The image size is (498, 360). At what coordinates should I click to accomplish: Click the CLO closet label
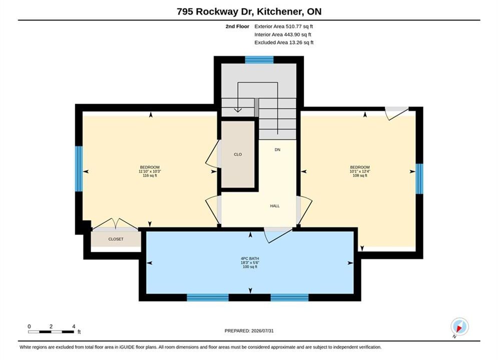(x=238, y=154)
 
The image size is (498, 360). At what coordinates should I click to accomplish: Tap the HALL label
(x=275, y=206)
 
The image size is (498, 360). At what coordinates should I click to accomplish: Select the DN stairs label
(x=278, y=149)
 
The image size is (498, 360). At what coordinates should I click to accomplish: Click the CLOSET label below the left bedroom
(x=116, y=239)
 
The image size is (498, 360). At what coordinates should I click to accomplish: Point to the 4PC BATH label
(x=250, y=258)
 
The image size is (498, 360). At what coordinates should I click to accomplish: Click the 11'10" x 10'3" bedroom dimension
(x=150, y=171)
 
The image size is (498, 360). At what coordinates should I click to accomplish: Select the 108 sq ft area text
(x=360, y=175)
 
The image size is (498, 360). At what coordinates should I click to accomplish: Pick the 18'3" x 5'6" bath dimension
(x=250, y=262)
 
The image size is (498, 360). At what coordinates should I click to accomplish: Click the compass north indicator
(x=459, y=326)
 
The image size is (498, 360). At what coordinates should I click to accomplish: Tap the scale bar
(x=51, y=332)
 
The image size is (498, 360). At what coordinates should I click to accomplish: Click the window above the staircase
(x=259, y=59)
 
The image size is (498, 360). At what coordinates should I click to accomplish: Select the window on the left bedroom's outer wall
(x=79, y=168)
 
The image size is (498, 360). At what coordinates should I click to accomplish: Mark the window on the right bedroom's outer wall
(x=419, y=178)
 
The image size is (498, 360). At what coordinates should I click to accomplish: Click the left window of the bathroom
(x=208, y=297)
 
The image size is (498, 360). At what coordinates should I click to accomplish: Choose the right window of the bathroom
(x=289, y=297)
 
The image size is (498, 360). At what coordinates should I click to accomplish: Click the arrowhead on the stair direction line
(x=238, y=110)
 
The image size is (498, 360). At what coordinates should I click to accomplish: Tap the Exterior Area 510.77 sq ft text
(x=284, y=26)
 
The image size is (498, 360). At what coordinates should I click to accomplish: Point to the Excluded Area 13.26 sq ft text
(x=284, y=42)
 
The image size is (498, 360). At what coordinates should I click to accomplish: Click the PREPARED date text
(x=249, y=330)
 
